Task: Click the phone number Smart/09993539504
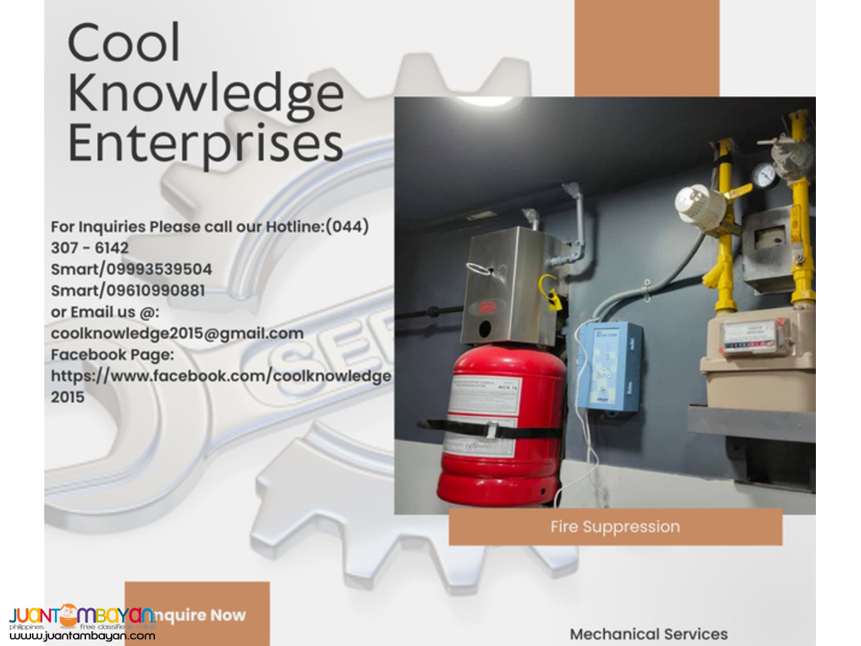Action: pos(131,269)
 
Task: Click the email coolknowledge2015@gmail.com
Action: pos(177,333)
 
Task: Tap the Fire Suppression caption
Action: pos(615,526)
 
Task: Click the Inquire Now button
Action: pos(197,614)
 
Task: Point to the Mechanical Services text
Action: pos(649,634)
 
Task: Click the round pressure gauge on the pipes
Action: pos(763,175)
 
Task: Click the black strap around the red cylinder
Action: pos(492,429)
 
